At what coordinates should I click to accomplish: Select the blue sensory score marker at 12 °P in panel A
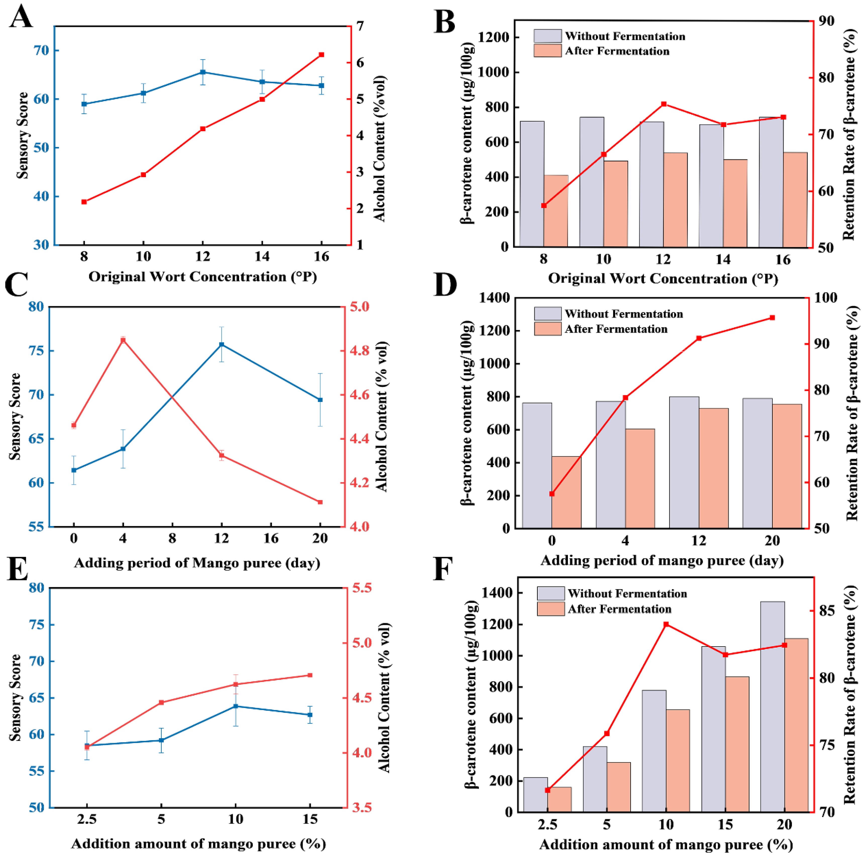[203, 72]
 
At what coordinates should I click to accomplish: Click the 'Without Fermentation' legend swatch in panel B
[547, 36]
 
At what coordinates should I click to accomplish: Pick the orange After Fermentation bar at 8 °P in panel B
[556, 211]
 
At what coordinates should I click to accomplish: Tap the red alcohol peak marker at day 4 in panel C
[123, 340]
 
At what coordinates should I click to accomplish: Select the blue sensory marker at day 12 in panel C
[221, 344]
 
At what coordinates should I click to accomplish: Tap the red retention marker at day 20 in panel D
[772, 318]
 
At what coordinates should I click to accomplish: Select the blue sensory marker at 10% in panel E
[236, 706]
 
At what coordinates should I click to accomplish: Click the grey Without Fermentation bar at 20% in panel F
[772, 707]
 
